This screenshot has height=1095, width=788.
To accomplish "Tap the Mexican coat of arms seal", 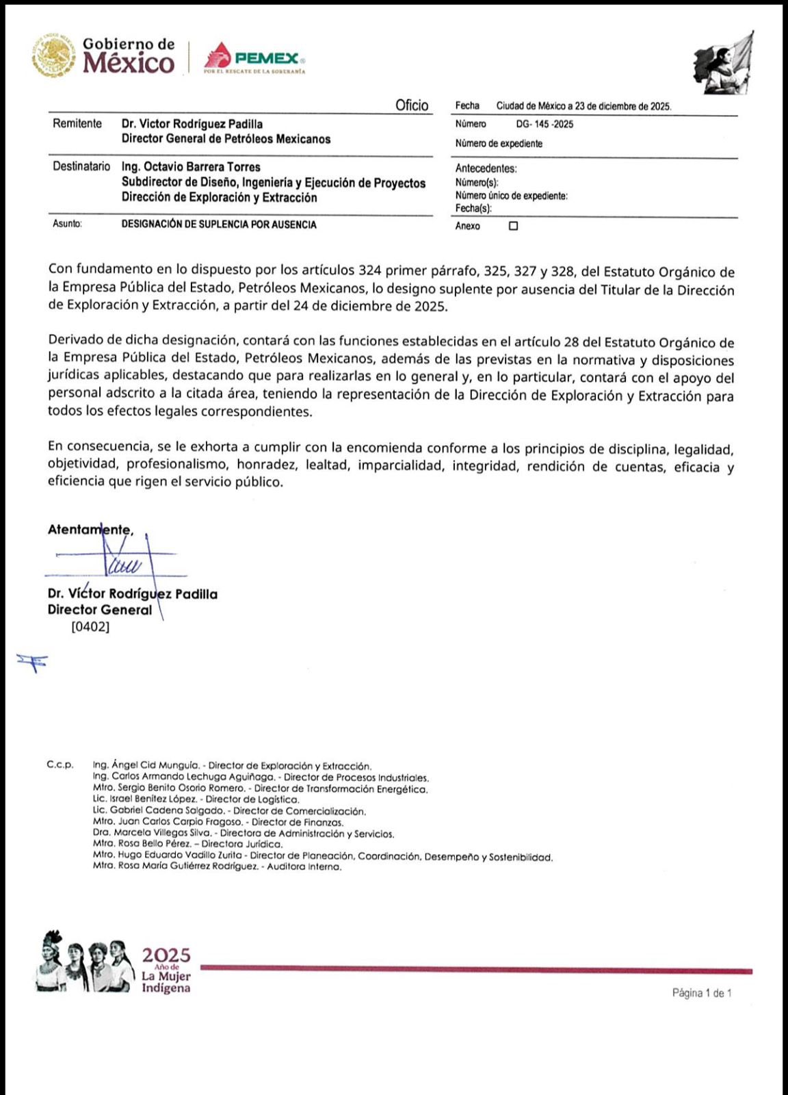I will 53,55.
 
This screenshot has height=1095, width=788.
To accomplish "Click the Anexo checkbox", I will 513,226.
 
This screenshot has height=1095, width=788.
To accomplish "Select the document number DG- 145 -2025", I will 544,125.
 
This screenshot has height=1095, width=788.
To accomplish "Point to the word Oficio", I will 412,105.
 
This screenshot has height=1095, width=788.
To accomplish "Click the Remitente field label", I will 77,124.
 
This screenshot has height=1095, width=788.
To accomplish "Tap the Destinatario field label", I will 81,166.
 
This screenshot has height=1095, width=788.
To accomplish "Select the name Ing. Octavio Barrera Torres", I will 191,167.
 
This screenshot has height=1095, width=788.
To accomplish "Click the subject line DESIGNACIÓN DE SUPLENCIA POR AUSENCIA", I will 219,224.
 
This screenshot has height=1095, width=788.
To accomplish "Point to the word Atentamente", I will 90,530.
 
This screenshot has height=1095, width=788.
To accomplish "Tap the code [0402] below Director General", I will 90,626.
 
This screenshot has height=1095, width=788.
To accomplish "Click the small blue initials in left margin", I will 32,661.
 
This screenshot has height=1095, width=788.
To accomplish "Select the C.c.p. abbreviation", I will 60,764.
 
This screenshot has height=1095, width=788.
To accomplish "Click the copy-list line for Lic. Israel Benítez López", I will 196,799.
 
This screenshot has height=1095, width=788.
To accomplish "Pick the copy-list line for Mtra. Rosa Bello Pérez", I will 187,845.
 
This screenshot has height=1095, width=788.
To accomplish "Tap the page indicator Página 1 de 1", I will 702,993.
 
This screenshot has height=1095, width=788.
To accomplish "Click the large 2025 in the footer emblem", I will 166,955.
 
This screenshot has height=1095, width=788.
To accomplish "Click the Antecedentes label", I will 486,168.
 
